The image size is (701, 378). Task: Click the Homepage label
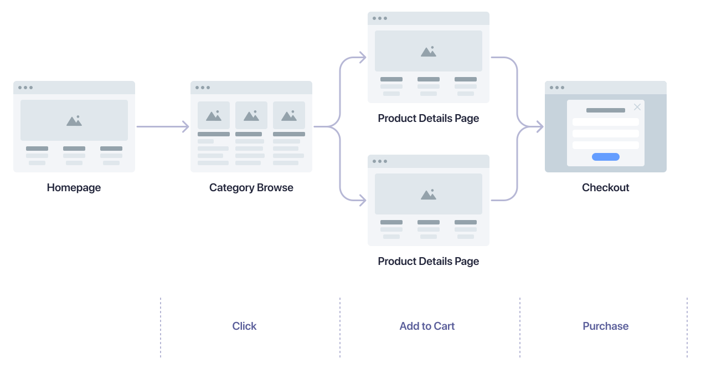click(x=74, y=187)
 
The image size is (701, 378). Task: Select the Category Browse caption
click(x=251, y=187)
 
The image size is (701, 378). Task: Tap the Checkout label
click(x=605, y=187)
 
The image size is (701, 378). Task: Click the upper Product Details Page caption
click(x=428, y=118)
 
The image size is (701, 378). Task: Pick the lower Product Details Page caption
click(x=428, y=261)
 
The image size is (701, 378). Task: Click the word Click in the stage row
click(x=244, y=326)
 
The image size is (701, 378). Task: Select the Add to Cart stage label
click(x=427, y=326)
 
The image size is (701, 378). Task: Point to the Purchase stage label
click(x=605, y=326)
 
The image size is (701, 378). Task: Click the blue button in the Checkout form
click(x=605, y=157)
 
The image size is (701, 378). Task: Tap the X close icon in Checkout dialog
click(x=637, y=107)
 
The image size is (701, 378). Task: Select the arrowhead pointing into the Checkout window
click(x=539, y=127)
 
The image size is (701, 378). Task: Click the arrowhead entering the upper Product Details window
click(x=362, y=57)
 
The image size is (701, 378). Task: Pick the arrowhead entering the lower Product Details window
click(x=362, y=200)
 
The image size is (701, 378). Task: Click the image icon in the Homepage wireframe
click(x=74, y=120)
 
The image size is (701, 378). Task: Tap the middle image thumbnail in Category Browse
click(x=251, y=115)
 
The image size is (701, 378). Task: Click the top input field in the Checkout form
click(x=605, y=122)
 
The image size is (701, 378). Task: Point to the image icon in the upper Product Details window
click(x=429, y=51)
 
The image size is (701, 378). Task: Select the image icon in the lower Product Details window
click(x=429, y=194)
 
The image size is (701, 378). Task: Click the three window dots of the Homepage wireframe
click(x=25, y=88)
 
